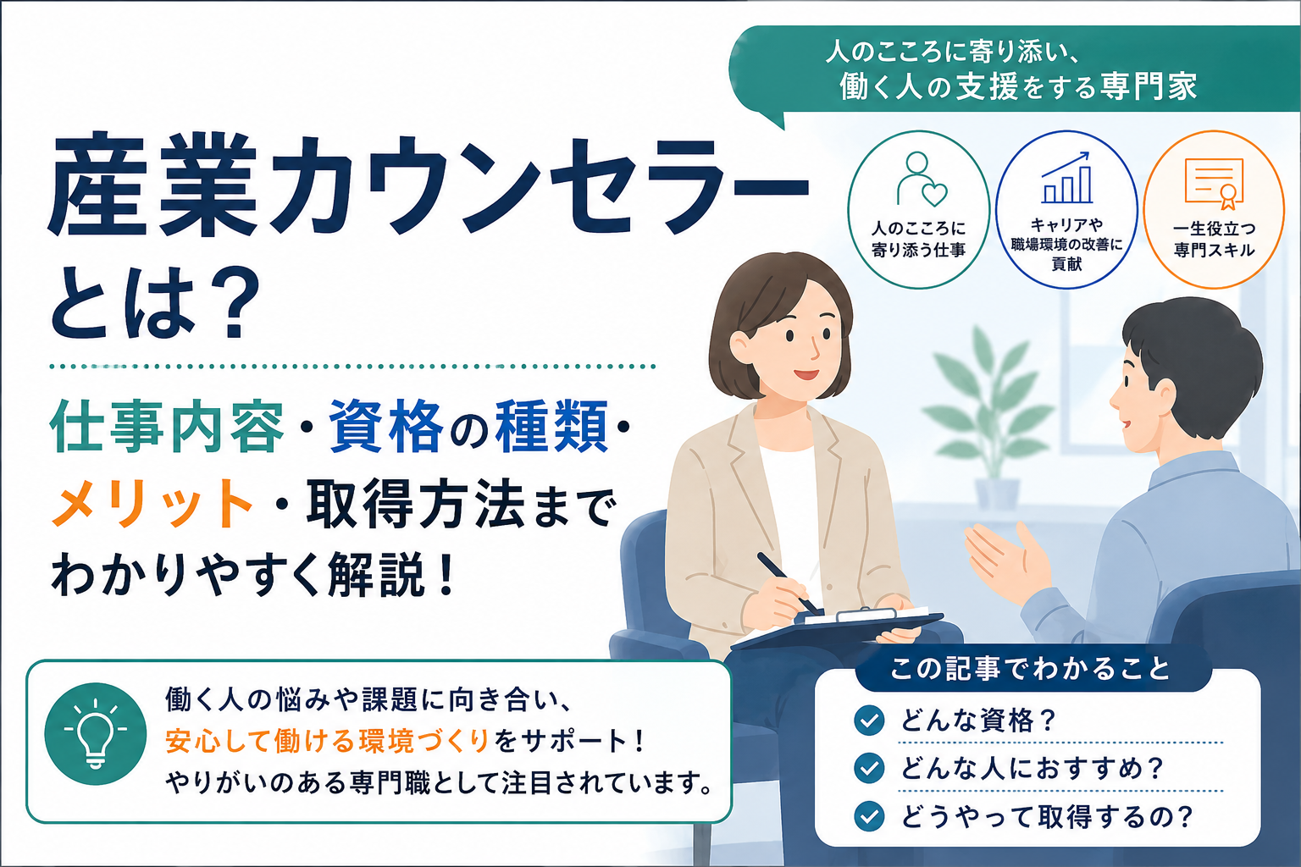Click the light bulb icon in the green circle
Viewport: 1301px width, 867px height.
pyautogui.click(x=96, y=733)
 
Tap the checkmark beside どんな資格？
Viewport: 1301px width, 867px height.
pyautogui.click(x=870, y=721)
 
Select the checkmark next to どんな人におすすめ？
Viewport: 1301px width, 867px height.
pyautogui.click(x=870, y=768)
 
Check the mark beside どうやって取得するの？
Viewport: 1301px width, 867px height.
pyautogui.click(x=870, y=816)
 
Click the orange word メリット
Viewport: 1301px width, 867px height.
pyautogui.click(x=152, y=503)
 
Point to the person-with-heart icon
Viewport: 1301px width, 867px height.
pyautogui.click(x=922, y=179)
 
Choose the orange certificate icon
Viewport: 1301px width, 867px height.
pyautogui.click(x=1214, y=183)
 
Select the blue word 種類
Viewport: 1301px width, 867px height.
pyautogui.click(x=551, y=427)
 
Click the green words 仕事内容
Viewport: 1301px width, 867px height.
pyautogui.click(x=167, y=427)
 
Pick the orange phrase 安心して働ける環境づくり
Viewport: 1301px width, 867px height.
pyautogui.click(x=326, y=741)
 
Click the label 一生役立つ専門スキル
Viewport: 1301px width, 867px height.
pyautogui.click(x=1214, y=240)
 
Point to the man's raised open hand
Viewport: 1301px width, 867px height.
pyautogui.click(x=1008, y=562)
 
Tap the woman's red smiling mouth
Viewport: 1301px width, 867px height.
pyautogui.click(x=806, y=374)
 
